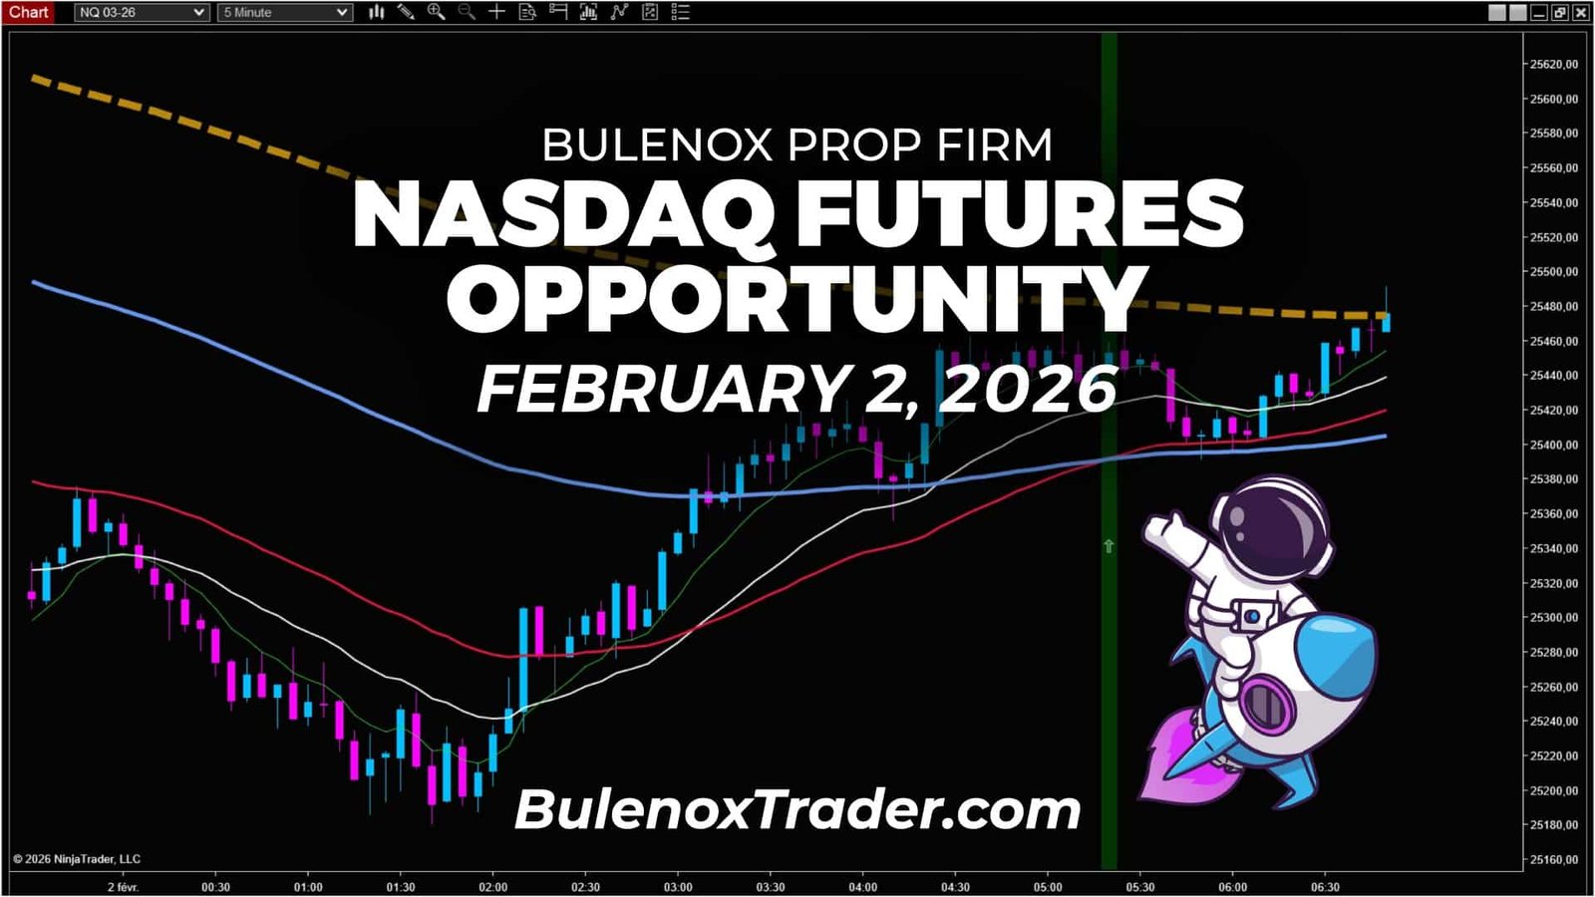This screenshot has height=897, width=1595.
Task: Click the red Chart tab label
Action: [x=28, y=12]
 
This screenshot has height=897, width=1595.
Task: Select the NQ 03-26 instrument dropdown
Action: [x=141, y=12]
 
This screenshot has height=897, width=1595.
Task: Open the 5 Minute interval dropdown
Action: [x=285, y=12]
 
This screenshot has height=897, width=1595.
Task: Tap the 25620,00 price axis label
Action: [x=1554, y=64]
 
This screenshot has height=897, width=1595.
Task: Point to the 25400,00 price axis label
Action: [x=1554, y=445]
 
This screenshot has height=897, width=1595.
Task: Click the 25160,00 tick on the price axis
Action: [x=1554, y=859]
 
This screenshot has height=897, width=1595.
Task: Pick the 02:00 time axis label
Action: [x=492, y=887]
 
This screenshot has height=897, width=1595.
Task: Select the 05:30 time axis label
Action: [x=1140, y=887]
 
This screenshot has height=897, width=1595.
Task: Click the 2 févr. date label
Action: [x=123, y=887]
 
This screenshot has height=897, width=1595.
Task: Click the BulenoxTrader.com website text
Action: [x=797, y=809]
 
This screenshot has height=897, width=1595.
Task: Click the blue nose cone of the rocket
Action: [x=1341, y=648]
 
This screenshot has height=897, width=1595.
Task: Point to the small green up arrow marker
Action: [x=1109, y=546]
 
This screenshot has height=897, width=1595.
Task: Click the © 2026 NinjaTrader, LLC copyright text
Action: [x=77, y=859]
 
